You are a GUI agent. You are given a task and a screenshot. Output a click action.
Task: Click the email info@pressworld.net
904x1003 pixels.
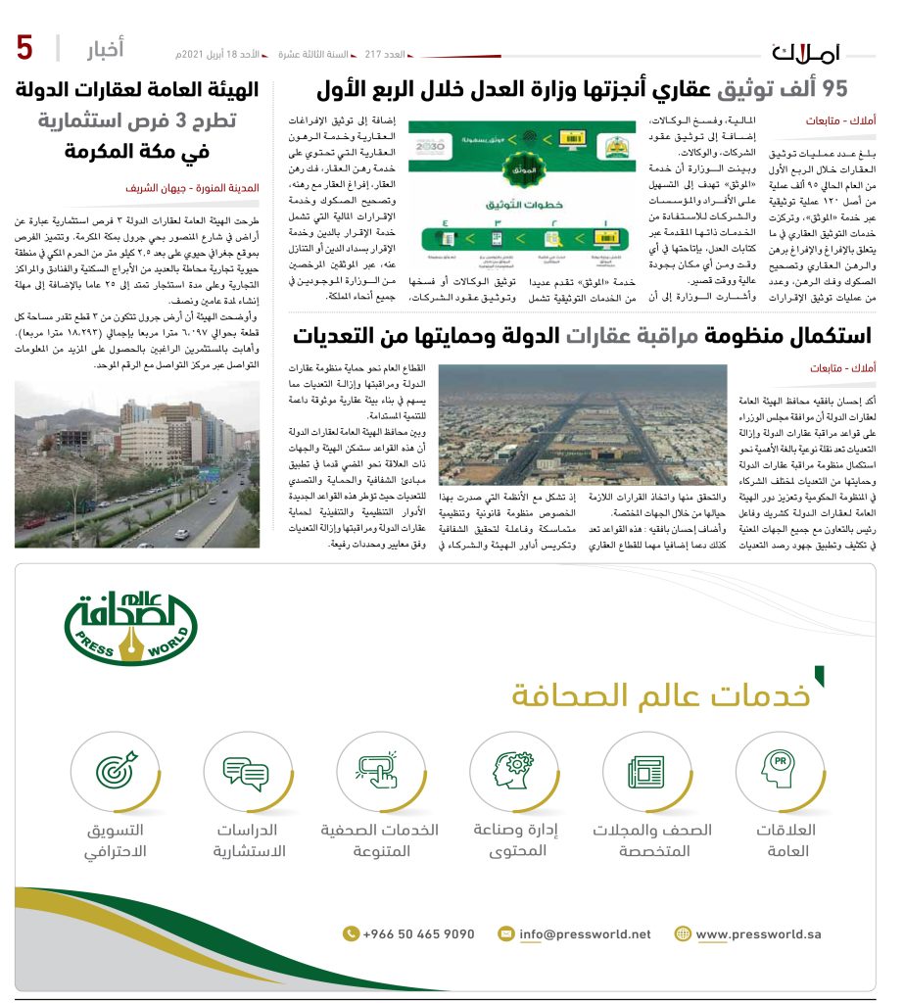pyautogui.click(x=584, y=933)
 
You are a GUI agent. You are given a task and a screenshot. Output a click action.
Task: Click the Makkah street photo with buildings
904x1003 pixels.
pyautogui.click(x=136, y=464)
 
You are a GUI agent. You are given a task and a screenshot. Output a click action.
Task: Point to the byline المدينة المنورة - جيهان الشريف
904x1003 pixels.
pyautogui.click(x=192, y=186)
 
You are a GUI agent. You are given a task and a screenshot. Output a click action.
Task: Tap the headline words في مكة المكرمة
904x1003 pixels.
pyautogui.click(x=137, y=153)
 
